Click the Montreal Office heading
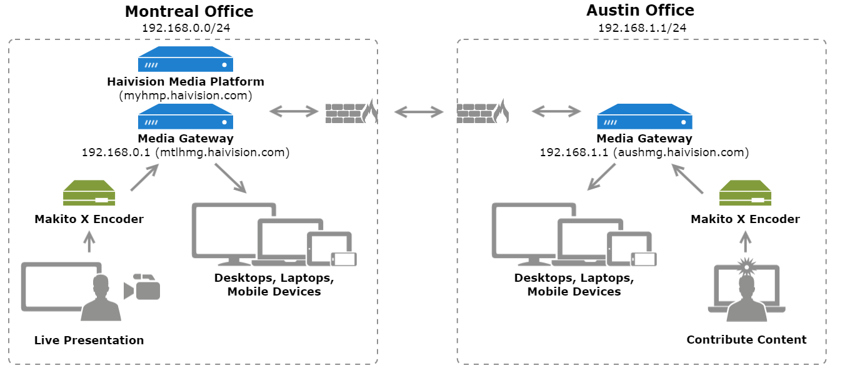189,11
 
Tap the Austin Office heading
640,11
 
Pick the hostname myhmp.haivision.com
186,96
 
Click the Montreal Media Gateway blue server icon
185,117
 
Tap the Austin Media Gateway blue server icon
644,117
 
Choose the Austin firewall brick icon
482,112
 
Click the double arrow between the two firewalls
419,112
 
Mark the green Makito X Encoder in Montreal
89,194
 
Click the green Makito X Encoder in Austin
745,193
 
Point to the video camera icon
143,287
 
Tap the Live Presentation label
89,341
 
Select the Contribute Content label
746,340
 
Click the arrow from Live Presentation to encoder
89,242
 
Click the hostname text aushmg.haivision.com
681,152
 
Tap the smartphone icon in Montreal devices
343,259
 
